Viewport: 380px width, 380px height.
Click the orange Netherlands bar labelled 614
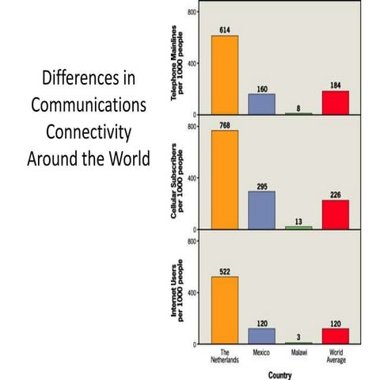click(225, 75)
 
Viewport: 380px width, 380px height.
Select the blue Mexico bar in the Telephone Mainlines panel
click(261, 104)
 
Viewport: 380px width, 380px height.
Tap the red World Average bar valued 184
click(336, 103)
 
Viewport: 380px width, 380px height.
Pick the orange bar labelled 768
click(225, 180)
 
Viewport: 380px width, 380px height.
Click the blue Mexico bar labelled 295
click(261, 210)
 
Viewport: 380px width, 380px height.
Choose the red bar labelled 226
click(336, 215)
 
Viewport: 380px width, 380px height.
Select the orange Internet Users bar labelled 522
click(225, 310)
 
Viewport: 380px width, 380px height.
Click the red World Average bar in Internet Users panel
click(336, 336)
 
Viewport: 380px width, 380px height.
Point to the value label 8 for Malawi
click(298, 108)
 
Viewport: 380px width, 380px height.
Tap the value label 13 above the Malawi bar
click(298, 222)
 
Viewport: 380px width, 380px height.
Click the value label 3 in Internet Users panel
click(298, 337)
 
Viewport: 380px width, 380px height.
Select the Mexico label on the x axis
click(261, 352)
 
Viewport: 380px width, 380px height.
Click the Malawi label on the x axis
click(299, 352)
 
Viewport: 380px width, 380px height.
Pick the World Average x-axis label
click(336, 356)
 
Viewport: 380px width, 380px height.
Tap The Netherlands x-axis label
click(225, 356)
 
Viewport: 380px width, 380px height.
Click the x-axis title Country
click(279, 375)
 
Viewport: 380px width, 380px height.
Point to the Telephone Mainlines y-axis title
click(177, 63)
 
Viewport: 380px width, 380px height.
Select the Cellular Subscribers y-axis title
click(177, 180)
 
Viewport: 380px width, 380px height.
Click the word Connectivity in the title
click(89, 132)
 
